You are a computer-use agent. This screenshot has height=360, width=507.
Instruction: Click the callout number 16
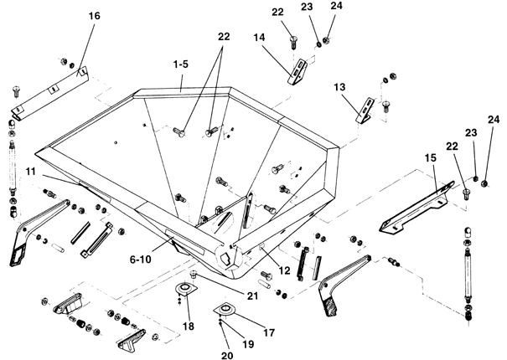tap(95, 16)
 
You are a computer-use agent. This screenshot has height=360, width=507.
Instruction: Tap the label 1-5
tap(180, 64)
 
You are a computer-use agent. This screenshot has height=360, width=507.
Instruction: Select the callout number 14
tap(259, 38)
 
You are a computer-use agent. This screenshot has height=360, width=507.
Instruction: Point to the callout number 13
tap(339, 87)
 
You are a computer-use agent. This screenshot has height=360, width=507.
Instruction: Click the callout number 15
tap(431, 157)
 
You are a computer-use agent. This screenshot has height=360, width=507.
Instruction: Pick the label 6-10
tap(140, 260)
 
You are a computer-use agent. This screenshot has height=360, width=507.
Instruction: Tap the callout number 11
tap(30, 171)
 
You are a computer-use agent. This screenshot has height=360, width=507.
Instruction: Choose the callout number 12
tap(284, 270)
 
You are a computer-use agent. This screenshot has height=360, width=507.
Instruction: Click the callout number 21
tap(252, 296)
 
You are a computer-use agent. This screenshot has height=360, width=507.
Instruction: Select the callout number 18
tap(189, 327)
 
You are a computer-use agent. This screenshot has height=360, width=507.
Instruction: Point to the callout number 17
tap(269, 332)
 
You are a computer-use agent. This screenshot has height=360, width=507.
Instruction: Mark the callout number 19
tap(248, 344)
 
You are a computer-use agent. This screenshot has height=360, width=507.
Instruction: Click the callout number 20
tap(227, 356)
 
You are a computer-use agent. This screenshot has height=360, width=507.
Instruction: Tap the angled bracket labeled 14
tap(297, 72)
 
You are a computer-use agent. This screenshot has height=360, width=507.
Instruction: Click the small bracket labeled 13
tap(365, 110)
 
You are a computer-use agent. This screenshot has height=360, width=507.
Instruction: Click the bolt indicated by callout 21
tap(194, 275)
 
